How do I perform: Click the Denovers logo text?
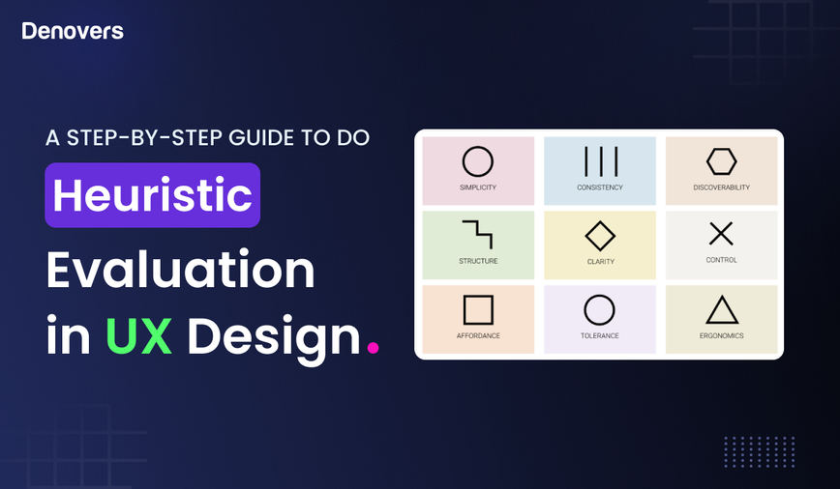point(73,31)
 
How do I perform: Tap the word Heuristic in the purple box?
point(152,195)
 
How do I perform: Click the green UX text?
point(138,335)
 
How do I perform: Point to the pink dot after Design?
point(373,345)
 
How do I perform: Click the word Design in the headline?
point(273,335)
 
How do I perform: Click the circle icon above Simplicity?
point(478,161)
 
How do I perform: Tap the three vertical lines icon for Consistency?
point(600,161)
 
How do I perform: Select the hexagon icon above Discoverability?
point(721,161)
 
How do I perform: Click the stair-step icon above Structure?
point(478,235)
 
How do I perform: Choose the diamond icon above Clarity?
point(600,236)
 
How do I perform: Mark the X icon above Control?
point(721,234)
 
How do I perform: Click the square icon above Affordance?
point(478,310)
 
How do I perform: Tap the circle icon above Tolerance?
point(600,310)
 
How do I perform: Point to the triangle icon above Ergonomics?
point(721,310)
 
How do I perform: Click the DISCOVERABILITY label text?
point(721,187)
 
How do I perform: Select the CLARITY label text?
point(600,261)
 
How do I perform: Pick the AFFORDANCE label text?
point(478,336)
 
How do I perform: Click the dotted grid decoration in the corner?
point(759,451)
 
